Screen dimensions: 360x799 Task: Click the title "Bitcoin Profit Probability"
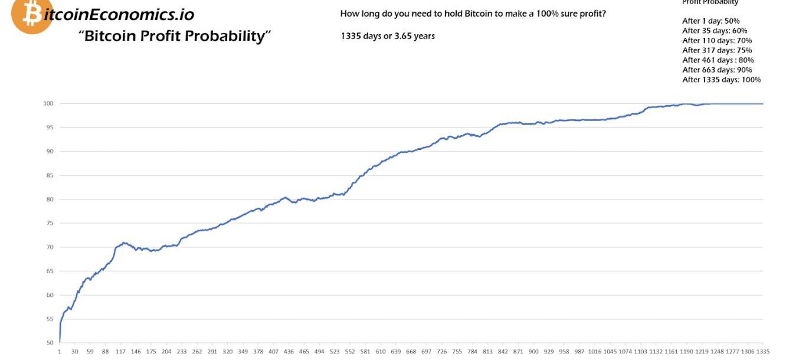(175, 36)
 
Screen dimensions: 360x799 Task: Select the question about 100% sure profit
(473, 13)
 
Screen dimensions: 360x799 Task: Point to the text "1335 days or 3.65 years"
(388, 36)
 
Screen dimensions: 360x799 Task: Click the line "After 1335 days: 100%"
(721, 80)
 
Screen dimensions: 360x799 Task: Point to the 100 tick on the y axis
(48, 104)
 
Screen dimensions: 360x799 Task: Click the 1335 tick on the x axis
(762, 352)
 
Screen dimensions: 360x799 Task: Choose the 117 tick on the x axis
(120, 352)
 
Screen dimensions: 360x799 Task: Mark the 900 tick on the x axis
(533, 352)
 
